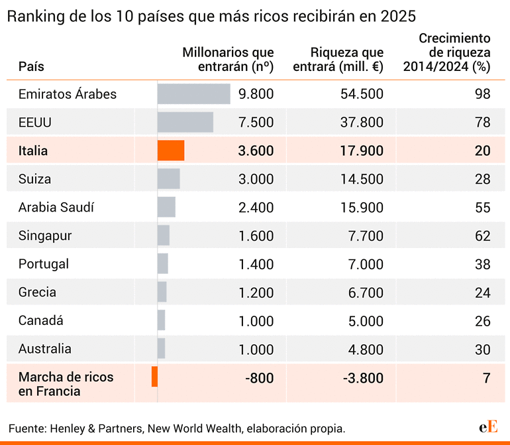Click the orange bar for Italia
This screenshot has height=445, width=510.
tap(171, 151)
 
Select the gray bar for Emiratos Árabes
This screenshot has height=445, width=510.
tap(193, 94)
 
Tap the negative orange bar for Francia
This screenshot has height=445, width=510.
tap(154, 377)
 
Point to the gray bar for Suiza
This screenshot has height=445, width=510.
tap(168, 179)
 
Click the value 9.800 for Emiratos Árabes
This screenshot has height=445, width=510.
tap(256, 94)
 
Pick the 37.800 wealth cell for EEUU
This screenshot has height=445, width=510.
tap(362, 123)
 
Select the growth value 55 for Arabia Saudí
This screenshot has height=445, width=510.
tap(483, 208)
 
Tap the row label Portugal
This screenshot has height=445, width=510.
tap(44, 264)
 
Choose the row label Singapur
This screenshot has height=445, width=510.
tap(45, 236)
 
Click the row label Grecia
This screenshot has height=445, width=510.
tap(38, 292)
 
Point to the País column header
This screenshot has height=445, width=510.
tap(31, 67)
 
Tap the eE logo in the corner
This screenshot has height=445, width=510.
tap(488, 426)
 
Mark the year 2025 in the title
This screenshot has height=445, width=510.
tap(398, 16)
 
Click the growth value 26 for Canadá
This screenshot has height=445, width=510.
tap(483, 321)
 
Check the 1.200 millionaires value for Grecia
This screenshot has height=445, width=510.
tap(256, 292)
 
